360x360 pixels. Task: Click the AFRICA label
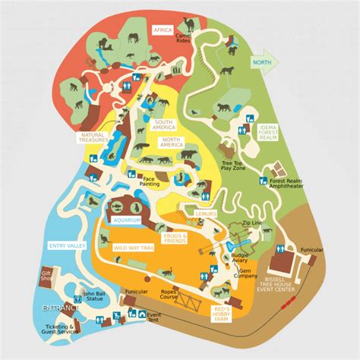(163, 30)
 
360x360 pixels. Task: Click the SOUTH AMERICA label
(163, 125)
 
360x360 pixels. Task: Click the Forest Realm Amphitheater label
(292, 184)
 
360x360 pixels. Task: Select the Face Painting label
(150, 182)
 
